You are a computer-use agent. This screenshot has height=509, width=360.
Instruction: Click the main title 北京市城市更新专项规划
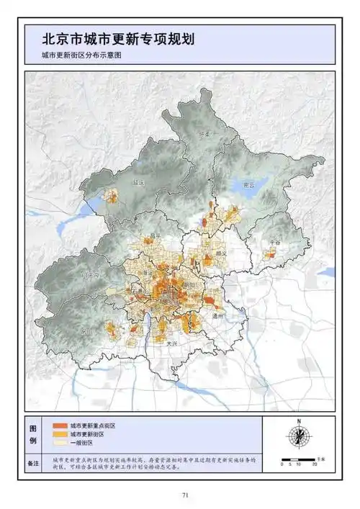[118, 37]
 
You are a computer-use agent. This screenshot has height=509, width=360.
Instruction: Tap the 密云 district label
[250, 184]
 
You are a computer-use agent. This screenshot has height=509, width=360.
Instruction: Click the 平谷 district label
[274, 243]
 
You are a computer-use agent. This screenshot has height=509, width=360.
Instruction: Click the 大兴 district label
[171, 343]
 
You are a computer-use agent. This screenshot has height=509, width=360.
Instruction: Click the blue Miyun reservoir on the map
[245, 192]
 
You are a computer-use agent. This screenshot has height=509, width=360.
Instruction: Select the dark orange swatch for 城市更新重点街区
[59, 425]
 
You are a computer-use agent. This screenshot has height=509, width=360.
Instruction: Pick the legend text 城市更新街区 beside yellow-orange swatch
[88, 435]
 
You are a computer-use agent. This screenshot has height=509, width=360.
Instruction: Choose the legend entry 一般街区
[83, 444]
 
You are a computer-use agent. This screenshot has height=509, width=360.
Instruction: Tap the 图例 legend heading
[33, 434]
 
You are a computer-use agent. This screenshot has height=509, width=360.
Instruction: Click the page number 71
[185, 495]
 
